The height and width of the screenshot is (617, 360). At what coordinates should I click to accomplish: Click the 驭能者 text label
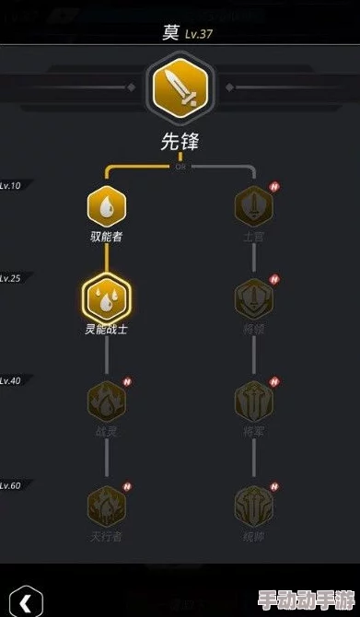[x=106, y=237]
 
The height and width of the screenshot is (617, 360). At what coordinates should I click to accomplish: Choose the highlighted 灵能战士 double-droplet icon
[x=106, y=297]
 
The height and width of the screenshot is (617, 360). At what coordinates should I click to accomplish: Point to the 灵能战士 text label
[x=106, y=329]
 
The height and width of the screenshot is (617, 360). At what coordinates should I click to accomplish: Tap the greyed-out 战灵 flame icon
[x=106, y=401]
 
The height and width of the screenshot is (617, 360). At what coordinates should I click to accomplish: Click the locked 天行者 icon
[x=106, y=505]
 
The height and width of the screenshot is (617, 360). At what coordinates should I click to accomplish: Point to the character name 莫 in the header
[x=170, y=33]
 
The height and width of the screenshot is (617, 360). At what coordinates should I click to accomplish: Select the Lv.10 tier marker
[x=10, y=186]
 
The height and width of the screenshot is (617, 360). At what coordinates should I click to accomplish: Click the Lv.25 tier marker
[x=10, y=277]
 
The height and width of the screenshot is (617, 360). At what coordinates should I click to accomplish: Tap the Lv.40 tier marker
[x=10, y=379]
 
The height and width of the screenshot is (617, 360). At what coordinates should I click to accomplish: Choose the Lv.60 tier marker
[x=10, y=484]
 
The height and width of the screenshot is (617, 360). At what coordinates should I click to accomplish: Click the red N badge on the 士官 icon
[x=273, y=187]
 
